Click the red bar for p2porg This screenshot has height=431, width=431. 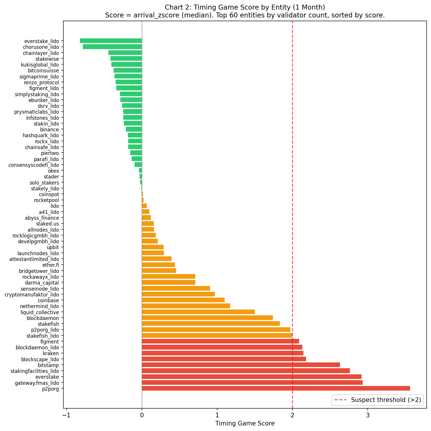coord(276,388)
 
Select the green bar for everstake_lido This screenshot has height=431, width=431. coord(111,41)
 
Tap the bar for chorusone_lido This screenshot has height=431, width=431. coord(112,47)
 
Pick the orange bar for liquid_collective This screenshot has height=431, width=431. coord(198,312)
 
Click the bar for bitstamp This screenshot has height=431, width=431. coord(241,365)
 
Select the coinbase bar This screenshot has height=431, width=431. coord(183,300)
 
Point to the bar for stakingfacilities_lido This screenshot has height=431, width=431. coord(246,371)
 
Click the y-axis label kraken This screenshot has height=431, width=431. coord(51,353)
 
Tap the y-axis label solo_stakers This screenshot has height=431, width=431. coord(44,183)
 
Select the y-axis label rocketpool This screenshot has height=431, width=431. coord(46,200)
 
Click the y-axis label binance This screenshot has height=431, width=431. coord(49,130)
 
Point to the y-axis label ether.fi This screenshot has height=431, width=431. coord(51,265)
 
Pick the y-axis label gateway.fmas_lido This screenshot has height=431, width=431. coord(37,383)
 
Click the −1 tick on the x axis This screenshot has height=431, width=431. coord(66,415)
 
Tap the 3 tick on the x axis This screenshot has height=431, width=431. coord(368,415)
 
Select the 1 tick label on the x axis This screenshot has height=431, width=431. coord(217,415)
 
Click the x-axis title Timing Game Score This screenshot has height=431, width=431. coord(245,423)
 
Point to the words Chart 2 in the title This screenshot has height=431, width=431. coord(176,7)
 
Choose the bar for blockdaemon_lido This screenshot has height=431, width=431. coord(222,347)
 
